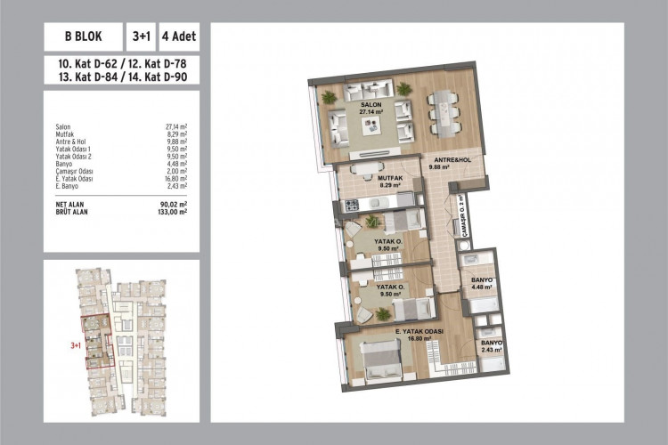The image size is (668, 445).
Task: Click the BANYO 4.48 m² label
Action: pos(482,282)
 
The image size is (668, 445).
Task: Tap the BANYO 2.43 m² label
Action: pos(491,346)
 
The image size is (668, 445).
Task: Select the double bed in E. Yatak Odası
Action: pos(381,362)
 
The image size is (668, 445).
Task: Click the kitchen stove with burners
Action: pos(350,206)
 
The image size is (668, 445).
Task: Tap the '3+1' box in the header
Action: pos(141,38)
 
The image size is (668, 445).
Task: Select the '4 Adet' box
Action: pos(179,38)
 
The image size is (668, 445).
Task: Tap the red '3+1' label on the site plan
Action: pos(76,344)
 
